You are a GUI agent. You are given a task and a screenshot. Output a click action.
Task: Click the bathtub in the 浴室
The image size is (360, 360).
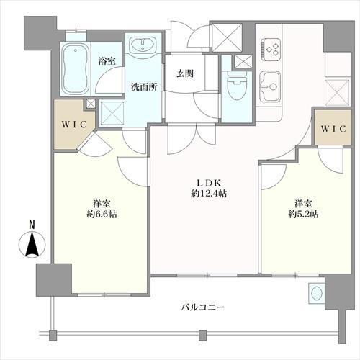tap(76, 69)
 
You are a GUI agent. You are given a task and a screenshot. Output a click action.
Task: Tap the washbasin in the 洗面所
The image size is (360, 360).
tap(143, 45)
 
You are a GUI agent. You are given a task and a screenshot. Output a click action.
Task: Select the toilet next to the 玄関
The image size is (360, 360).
tap(237, 87)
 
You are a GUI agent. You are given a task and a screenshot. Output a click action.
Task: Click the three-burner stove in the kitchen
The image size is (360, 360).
tap(271, 50)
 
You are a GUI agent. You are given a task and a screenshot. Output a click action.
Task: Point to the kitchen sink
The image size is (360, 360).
tap(271, 87)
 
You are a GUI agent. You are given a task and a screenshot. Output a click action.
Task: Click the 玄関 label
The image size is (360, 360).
tap(185, 73)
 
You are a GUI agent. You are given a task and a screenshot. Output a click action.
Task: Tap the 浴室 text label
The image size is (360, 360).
tap(107, 61)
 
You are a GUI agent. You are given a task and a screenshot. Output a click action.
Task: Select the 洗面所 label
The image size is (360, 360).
tap(144, 87)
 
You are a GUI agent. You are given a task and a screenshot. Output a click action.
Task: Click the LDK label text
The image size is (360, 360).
tap(209, 183)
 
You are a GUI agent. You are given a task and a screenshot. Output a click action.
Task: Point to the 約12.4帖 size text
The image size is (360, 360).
tap(209, 193)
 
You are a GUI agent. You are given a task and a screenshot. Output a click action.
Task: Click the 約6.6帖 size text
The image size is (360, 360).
tap(102, 214)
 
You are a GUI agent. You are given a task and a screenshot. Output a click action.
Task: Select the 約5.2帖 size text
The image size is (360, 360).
tap(303, 214)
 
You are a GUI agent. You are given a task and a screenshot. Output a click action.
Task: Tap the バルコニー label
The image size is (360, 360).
tap(203, 307)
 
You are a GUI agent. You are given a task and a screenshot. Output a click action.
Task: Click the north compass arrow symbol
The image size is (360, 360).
tap(32, 245)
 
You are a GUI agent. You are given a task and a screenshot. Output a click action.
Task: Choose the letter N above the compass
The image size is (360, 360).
tap(32, 225)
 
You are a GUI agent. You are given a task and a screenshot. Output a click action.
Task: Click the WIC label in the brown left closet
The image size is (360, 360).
tap(74, 125)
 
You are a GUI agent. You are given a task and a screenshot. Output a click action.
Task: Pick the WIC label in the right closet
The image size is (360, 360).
tap(333, 129)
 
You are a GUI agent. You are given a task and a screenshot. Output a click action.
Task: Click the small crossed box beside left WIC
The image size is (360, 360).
tap(91, 104)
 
